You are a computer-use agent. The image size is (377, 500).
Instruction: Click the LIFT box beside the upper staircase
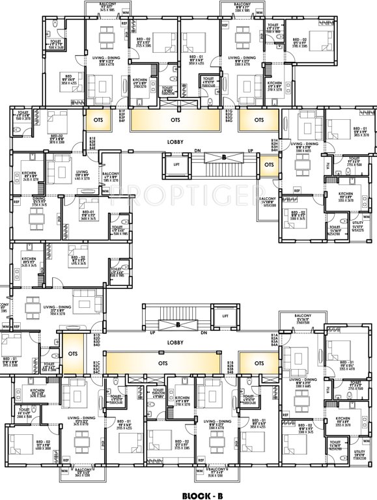click(x=176, y=165)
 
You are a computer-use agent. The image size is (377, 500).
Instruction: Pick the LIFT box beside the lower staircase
click(x=225, y=316)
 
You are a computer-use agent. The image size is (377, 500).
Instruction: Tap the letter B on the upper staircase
click(x=223, y=157)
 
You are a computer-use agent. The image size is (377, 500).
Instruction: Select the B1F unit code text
click(x=121, y=111)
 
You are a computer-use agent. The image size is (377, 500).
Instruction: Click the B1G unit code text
click(x=229, y=111)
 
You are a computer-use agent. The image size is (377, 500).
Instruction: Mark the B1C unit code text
click(x=96, y=363)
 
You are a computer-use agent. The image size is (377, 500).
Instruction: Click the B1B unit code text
click(x=230, y=363)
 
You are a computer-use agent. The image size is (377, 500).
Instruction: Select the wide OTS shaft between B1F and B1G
click(x=175, y=120)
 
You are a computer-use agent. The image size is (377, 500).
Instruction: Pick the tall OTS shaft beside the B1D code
click(x=72, y=355)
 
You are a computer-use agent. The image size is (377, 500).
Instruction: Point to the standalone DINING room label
click(x=39, y=199)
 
